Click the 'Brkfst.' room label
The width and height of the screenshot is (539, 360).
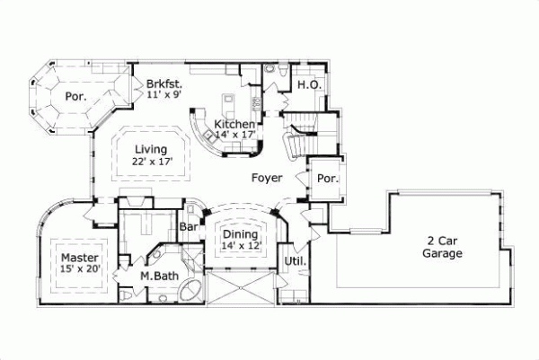click(165, 84)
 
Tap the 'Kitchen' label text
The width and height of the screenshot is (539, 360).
click(234, 124)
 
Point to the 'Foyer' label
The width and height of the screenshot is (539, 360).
click(267, 178)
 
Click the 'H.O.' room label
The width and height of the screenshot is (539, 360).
click(309, 84)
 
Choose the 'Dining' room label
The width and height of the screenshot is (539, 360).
click(240, 233)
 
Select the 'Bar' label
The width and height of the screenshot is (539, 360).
click(190, 228)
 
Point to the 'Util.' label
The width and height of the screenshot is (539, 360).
click(296, 262)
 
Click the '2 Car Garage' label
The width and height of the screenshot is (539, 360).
click(443, 247)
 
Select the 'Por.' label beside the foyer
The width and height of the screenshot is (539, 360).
click(327, 178)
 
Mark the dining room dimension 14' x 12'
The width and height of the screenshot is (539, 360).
click(240, 244)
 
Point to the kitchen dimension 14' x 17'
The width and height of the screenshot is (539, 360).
click(235, 135)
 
